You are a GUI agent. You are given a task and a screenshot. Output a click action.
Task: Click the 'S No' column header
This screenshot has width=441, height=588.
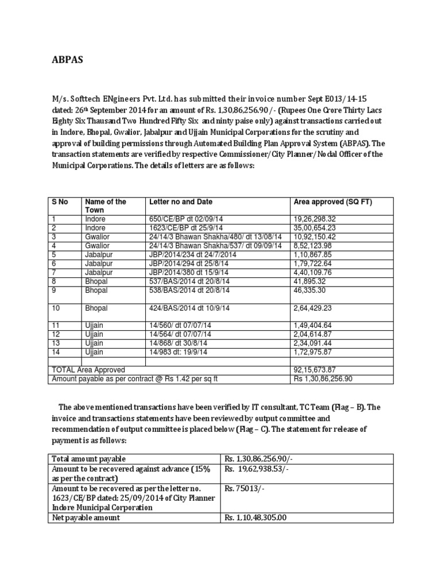tap(60, 202)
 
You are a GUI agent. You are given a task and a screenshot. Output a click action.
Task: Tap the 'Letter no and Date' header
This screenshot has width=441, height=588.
tap(180, 202)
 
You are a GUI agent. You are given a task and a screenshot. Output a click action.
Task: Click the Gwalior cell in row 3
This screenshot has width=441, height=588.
tap(97, 237)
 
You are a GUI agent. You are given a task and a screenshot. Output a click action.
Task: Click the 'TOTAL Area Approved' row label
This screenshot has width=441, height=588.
tap(88, 370)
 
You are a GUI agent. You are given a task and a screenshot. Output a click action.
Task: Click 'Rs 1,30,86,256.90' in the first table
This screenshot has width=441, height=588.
tap(323, 379)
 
